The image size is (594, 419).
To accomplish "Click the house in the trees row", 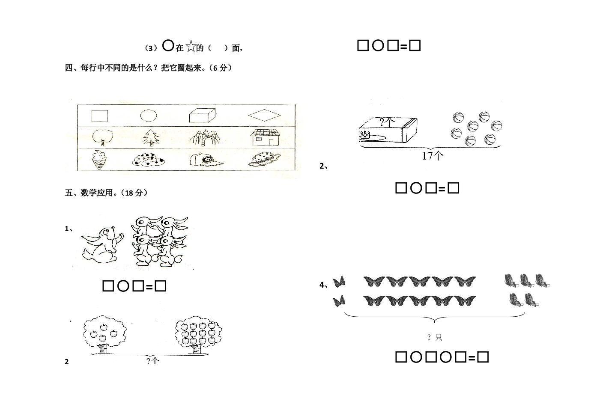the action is [266, 137].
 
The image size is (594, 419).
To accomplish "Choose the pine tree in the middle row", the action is [152, 137].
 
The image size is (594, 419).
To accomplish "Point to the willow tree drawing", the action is [205, 137].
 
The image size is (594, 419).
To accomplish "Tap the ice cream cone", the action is [99, 160].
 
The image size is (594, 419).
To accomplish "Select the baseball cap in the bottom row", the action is [206, 160].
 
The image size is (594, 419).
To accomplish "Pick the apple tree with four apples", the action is [104, 334].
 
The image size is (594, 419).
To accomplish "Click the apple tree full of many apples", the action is [198, 334].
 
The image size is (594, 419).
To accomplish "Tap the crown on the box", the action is [365, 135].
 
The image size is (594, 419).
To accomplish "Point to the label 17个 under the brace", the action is [433, 155].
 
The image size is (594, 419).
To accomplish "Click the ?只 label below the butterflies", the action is [435, 337].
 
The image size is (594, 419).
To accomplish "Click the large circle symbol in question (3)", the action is [168, 45].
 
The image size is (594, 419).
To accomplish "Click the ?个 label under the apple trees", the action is [153, 360].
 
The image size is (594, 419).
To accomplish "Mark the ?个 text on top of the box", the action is [387, 122].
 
